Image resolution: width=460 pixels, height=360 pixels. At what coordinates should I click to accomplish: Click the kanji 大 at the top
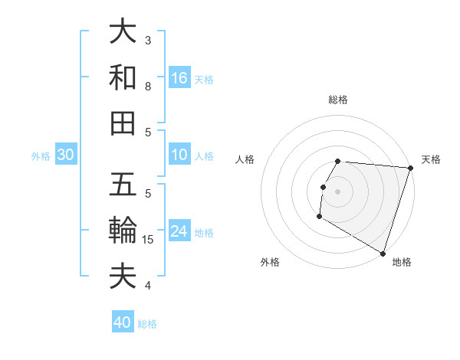tap(123, 32)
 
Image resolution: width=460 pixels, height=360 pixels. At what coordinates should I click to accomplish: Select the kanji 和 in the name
tap(123, 77)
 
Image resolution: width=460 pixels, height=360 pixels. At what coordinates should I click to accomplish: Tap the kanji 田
tap(123, 123)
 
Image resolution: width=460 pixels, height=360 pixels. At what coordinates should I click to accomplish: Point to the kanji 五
tap(123, 185)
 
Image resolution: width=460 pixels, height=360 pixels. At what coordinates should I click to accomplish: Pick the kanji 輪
tap(123, 230)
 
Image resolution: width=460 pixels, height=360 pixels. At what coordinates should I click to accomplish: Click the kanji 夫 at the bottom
tap(123, 275)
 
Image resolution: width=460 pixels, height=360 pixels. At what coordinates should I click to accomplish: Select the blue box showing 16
tap(179, 78)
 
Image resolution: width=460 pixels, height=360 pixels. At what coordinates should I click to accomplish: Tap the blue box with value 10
tap(179, 155)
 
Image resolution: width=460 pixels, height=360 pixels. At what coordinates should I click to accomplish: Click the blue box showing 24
tap(179, 231)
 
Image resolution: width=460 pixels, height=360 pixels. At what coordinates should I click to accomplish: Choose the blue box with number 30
tap(66, 155)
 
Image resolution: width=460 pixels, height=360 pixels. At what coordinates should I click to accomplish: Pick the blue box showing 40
tap(123, 322)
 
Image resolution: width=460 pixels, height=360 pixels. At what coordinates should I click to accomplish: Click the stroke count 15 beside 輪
tap(149, 240)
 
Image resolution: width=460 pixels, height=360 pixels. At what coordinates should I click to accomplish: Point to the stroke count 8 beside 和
tap(148, 87)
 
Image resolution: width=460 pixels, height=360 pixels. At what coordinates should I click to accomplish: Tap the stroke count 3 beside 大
tap(148, 40)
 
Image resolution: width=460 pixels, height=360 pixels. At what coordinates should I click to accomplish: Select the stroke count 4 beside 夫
tap(148, 286)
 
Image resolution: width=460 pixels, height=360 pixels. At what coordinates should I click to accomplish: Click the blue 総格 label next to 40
tap(148, 324)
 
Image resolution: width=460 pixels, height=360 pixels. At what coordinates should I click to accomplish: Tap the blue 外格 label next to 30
tap(41, 156)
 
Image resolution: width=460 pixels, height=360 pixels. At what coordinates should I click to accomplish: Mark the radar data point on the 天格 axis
tap(411, 168)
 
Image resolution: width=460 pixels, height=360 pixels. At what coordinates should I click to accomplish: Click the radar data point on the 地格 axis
tap(383, 253)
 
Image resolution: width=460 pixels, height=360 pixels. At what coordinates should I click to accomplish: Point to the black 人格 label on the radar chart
tap(245, 159)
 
